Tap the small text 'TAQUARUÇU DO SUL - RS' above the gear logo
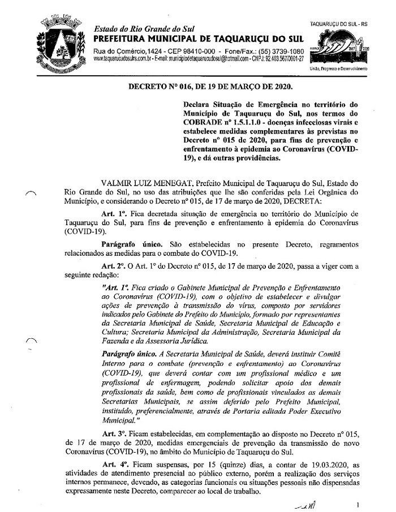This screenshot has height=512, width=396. point(340,25)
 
